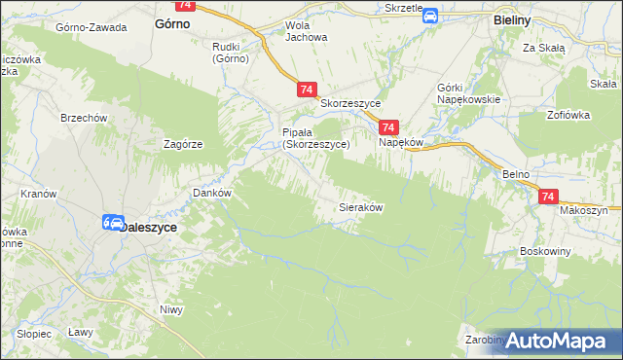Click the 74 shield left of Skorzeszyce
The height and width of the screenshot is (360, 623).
(306, 90)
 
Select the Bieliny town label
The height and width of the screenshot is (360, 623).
(510, 18)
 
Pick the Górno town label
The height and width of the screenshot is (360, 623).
(172, 26)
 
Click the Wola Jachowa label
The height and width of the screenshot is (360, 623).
(305, 32)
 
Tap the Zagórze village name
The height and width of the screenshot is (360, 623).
(183, 144)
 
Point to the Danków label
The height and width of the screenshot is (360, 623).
(212, 193)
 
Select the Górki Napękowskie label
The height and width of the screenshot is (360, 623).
(469, 93)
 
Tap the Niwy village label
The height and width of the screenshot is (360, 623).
(171, 310)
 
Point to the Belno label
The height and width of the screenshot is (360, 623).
(515, 173)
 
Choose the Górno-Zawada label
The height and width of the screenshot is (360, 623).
(92, 27)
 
